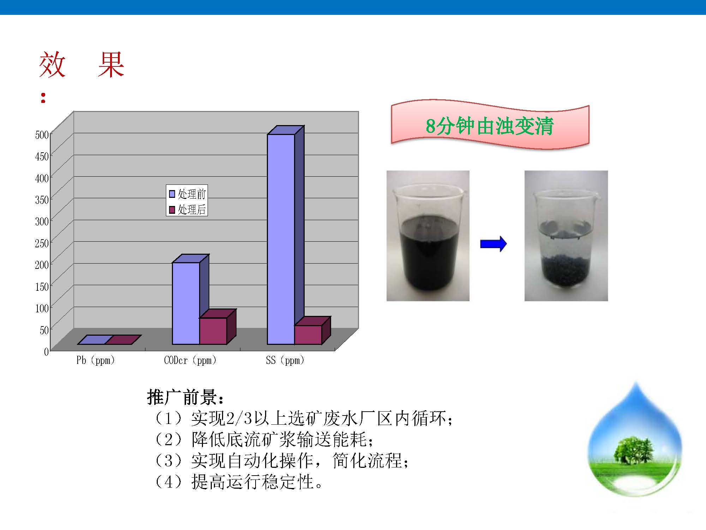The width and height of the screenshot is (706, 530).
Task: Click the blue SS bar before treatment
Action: coord(286,235)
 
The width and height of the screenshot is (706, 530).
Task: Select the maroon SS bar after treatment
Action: coord(312,330)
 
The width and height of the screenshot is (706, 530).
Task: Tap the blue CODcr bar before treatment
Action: coord(191,299)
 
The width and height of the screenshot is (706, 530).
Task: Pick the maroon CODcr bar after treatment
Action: coord(218,327)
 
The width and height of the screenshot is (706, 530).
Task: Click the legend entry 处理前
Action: coord(187,194)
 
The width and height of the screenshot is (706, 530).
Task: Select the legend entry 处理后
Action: coord(187,210)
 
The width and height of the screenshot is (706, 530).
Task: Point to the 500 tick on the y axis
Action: coord(42,135)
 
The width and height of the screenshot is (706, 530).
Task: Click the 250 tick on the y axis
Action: coord(42,243)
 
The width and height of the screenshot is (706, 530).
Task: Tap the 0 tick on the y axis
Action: coord(46,352)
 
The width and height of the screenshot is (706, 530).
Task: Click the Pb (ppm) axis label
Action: coord(96,360)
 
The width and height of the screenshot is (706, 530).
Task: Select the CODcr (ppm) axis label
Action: coord(190,360)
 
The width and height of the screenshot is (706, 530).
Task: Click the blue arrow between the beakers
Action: coord(493,244)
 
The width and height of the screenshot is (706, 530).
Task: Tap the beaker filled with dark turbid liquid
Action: coord(428,240)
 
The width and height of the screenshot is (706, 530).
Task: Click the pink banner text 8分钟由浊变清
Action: coord(490,126)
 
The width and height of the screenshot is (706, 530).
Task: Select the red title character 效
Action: coord(52,64)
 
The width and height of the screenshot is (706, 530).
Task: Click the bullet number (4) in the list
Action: coord(168,482)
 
